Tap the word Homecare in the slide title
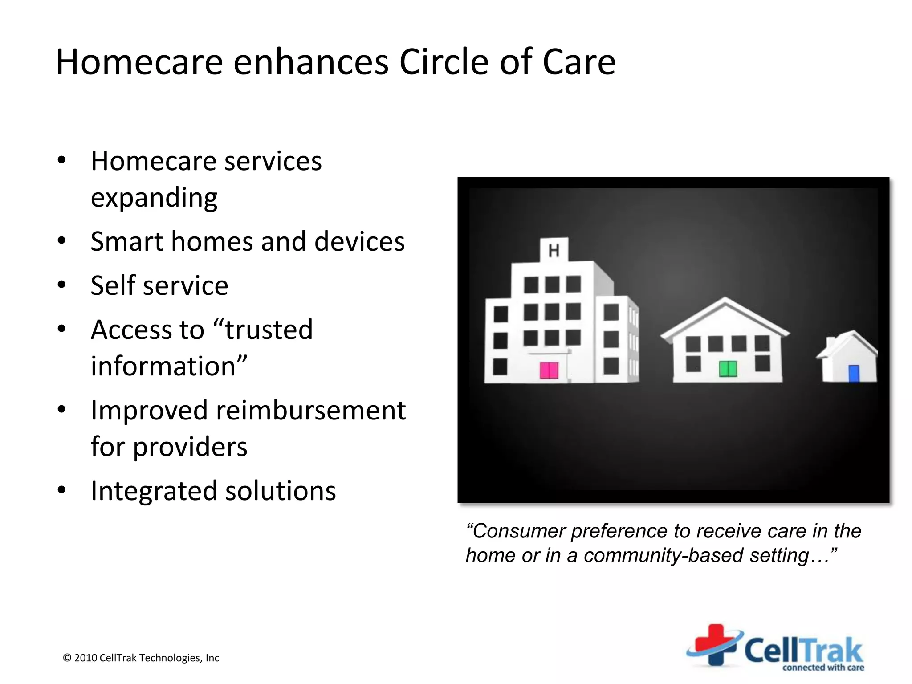tap(139, 62)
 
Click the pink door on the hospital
tap(549, 370)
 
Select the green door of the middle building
tap(728, 369)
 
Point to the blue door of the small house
tap(854, 374)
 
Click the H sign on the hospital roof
tap(554, 251)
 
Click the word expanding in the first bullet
tap(154, 198)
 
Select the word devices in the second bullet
tap(359, 242)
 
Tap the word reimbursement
tap(310, 410)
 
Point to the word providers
tap(190, 447)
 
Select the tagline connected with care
tap(823, 668)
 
